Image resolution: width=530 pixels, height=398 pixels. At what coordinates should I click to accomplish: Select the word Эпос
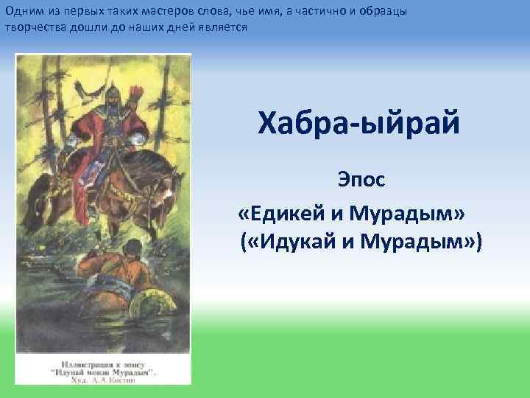click(361, 178)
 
